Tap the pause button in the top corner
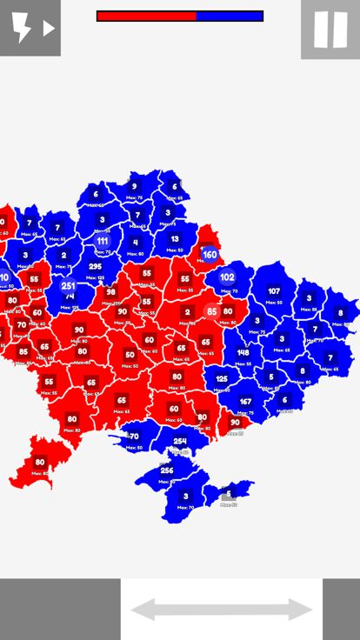coord(330,30)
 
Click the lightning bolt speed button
coord(30,28)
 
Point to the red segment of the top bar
coord(146,16)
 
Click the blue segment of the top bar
coord(230,16)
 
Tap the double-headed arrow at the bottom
coord(221,610)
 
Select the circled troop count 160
coord(210,256)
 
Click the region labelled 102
coord(227,277)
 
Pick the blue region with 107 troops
coord(274,291)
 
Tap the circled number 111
coord(103,242)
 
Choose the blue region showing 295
coord(95,267)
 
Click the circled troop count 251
coord(68,286)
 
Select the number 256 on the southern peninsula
coord(167,470)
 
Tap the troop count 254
coord(180,442)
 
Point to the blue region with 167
coord(246,402)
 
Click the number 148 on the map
coord(243,353)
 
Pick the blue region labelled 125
coord(222,379)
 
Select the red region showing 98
coord(110,293)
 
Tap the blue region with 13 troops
coord(175,239)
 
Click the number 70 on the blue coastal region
coord(134,437)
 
